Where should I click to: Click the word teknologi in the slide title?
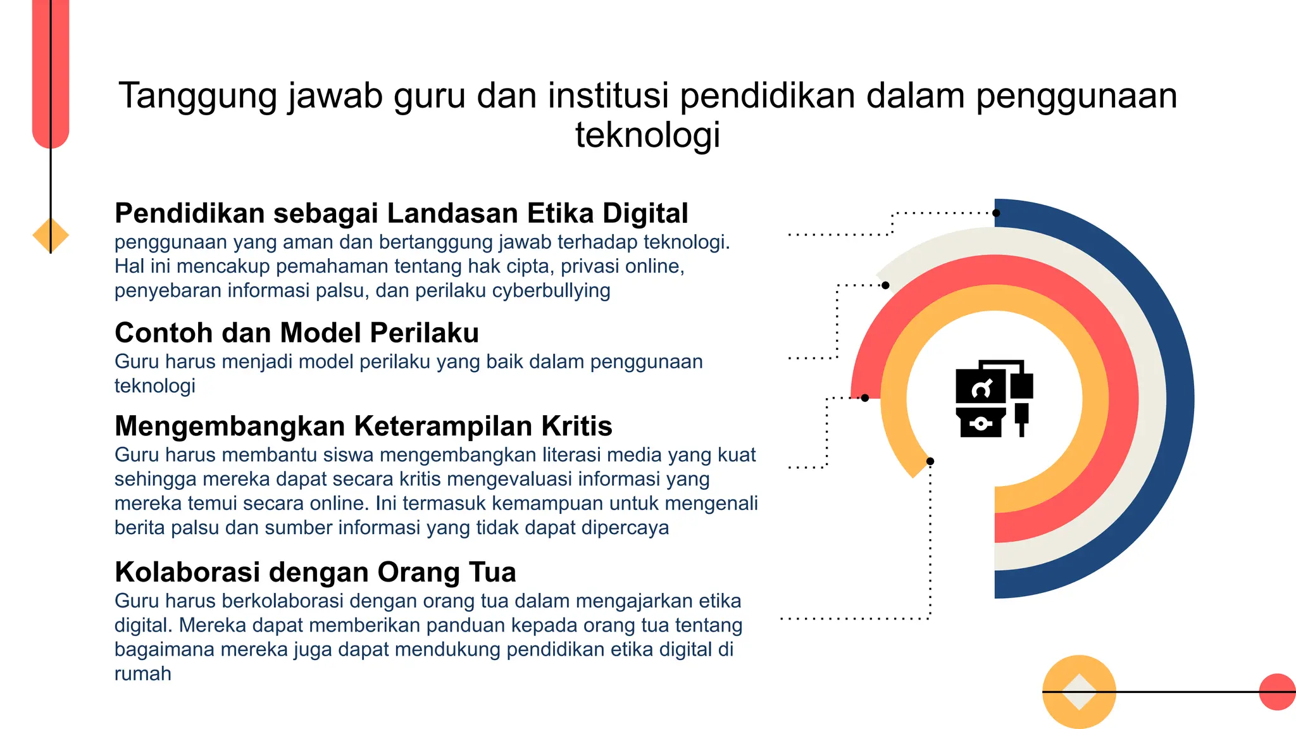pyautogui.click(x=647, y=135)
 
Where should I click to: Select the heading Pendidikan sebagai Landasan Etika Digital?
pyautogui.click(x=401, y=214)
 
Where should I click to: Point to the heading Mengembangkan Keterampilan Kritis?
pyautogui.click(x=363, y=427)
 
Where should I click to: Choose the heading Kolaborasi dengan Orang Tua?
pyautogui.click(x=315, y=573)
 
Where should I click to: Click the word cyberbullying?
pyautogui.click(x=551, y=291)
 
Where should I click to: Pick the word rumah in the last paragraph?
pyautogui.click(x=143, y=674)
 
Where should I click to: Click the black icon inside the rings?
pyautogui.click(x=994, y=399)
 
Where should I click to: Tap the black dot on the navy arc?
pyautogui.click(x=997, y=213)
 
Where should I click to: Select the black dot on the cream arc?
pyautogui.click(x=885, y=285)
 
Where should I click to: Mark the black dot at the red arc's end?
pyautogui.click(x=865, y=398)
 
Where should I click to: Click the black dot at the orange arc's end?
pyautogui.click(x=930, y=461)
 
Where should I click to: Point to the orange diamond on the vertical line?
pyautogui.click(x=51, y=235)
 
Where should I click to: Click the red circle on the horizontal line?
pyautogui.click(x=1276, y=692)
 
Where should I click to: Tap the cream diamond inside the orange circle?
pyautogui.click(x=1079, y=692)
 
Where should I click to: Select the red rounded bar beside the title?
pyautogui.click(x=51, y=70)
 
